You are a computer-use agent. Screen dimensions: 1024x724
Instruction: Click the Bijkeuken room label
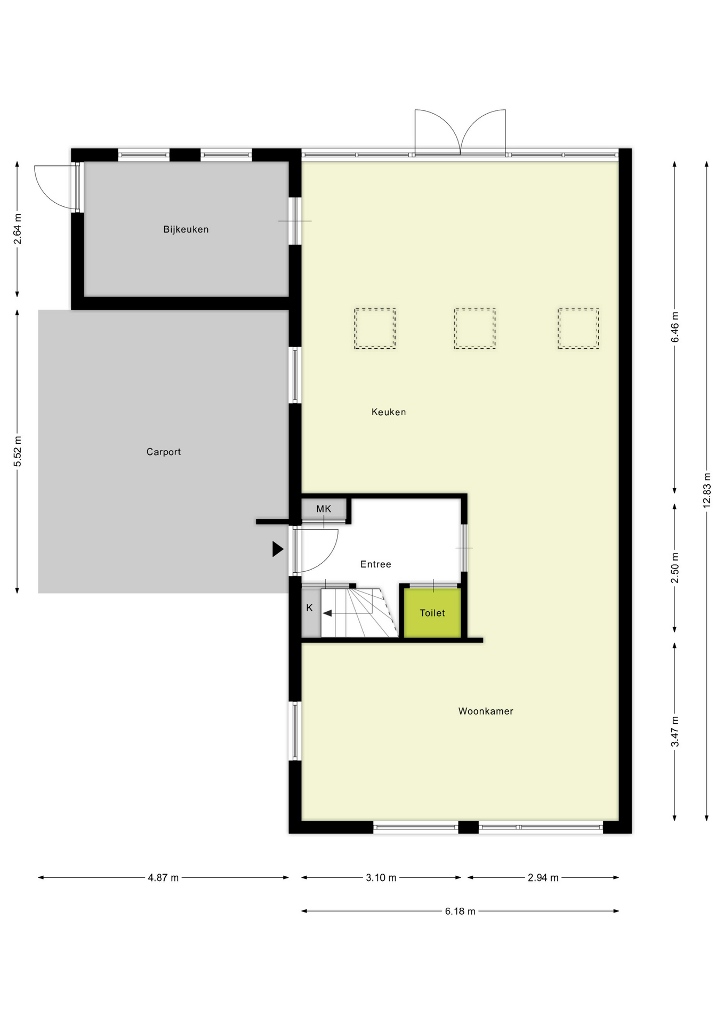[x=186, y=229]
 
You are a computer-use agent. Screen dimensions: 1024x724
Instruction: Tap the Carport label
[x=163, y=452]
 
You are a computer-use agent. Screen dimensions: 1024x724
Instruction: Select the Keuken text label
[x=389, y=412]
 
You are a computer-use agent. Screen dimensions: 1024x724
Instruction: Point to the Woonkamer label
[x=485, y=711]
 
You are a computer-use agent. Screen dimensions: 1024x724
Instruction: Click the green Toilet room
[x=432, y=613]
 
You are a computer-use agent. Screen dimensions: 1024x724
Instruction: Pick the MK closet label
[x=324, y=509]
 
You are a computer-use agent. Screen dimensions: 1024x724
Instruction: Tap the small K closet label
[x=309, y=608]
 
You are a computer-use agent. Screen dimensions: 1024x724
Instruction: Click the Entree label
[x=375, y=564]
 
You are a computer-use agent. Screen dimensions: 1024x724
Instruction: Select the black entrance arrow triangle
[x=277, y=549]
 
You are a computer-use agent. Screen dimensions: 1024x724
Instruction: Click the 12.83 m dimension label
[x=707, y=490]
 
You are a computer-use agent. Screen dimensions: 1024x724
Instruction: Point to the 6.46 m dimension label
[x=675, y=326]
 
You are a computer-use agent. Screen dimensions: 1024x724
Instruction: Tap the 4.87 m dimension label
[x=163, y=877]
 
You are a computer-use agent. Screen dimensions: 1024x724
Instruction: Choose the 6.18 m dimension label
[x=460, y=911]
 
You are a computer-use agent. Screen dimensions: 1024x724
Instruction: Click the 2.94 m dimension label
[x=543, y=877]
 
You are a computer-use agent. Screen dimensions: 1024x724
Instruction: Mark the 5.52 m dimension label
[x=18, y=451]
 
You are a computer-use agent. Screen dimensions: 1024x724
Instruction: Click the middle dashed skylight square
[x=474, y=328]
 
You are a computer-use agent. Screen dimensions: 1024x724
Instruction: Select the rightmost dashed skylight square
[x=578, y=328]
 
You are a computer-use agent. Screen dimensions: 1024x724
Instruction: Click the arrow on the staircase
[x=328, y=613]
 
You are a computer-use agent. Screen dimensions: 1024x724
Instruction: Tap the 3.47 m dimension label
[x=675, y=731]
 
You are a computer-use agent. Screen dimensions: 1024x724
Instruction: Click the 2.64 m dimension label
[x=18, y=229]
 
